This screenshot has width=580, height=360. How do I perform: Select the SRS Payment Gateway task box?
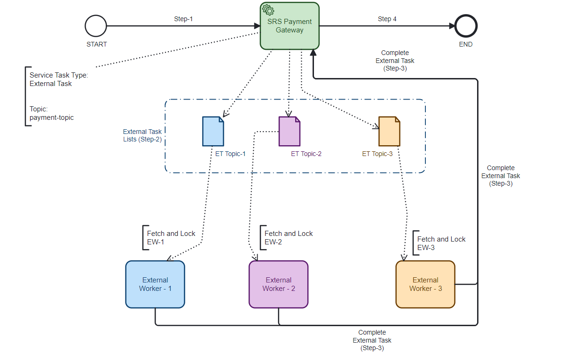[x=290, y=26]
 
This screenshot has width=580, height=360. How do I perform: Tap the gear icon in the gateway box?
[x=268, y=10]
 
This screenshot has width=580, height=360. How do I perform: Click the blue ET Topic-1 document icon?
[x=213, y=131]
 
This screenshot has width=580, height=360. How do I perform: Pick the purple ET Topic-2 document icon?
[x=290, y=131]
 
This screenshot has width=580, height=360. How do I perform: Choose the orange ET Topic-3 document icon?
[x=390, y=131]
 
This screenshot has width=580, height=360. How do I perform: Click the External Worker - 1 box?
[x=155, y=284]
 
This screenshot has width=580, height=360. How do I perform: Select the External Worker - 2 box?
[x=279, y=284]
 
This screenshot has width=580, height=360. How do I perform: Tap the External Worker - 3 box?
[x=425, y=284]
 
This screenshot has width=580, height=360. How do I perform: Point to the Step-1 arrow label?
[x=183, y=19]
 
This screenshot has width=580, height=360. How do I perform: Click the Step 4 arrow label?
[x=387, y=19]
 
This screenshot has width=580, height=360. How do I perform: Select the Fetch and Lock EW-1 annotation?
[x=171, y=237]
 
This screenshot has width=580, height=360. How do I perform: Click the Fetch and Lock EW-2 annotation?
[x=289, y=237]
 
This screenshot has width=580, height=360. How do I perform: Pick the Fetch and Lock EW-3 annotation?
[x=441, y=243]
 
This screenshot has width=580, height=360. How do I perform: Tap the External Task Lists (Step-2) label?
[x=142, y=135]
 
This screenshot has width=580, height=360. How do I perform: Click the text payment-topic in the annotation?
[x=52, y=117]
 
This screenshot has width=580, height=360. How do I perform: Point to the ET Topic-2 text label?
[x=306, y=154]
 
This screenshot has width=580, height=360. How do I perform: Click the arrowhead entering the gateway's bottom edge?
[x=314, y=53]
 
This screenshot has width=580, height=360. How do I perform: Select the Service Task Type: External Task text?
[x=59, y=79]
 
